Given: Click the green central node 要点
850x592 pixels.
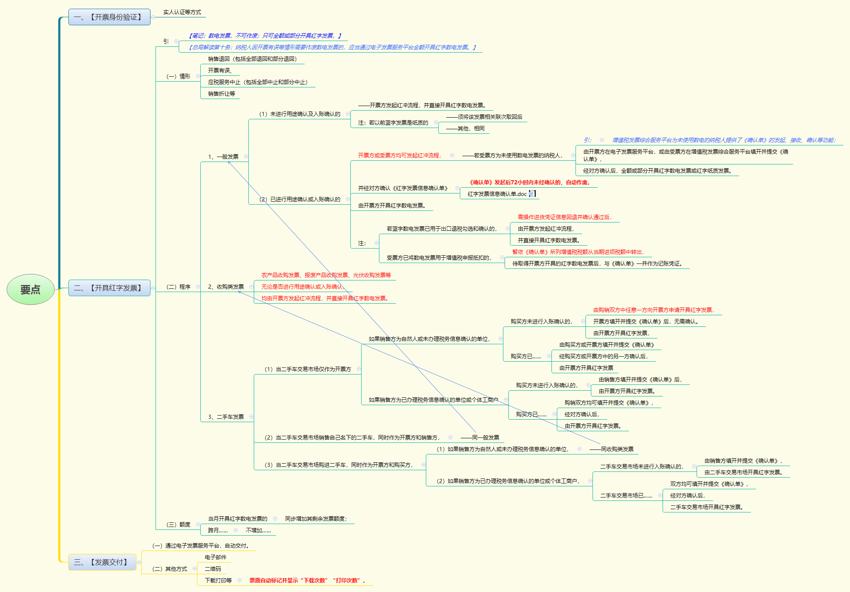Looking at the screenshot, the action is tap(31, 289).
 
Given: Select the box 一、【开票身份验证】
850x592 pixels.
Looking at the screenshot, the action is tap(109, 17).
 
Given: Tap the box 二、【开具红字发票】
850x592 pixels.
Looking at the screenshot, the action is tap(109, 288).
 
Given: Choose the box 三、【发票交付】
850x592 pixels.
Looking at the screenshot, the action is tap(102, 562).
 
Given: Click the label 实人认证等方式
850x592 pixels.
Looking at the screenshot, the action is tap(182, 12).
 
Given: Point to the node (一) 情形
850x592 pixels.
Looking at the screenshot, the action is tap(178, 76).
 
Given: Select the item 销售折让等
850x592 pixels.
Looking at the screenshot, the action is tap(221, 94).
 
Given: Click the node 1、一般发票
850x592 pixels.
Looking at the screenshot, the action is tap(223, 157).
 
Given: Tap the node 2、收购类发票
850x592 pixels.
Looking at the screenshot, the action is tap(226, 287).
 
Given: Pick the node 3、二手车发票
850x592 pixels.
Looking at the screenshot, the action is tap(226, 417).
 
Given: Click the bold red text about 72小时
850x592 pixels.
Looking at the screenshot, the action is tap(529, 182).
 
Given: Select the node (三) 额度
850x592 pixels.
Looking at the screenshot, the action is tap(178, 524).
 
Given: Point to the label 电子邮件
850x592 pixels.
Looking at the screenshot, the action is tap(216, 557).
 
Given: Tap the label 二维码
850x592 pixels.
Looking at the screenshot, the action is tap(213, 569).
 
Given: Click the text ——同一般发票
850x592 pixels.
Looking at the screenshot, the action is tap(480, 437).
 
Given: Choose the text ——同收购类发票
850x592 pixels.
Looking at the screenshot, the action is tap(612, 449).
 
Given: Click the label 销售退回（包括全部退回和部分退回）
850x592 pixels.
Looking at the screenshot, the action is tap(253, 59).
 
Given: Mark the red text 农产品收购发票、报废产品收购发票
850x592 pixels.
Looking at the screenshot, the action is tap(305, 275).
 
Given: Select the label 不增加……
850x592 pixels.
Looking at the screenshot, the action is tap(258, 530).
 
